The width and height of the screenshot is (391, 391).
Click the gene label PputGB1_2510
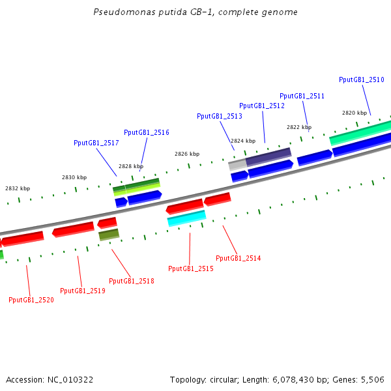click(362, 80)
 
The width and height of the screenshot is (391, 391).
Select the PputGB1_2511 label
click(302, 96)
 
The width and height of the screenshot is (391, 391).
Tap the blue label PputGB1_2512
click(262, 106)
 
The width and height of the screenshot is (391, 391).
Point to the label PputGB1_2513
click(220, 116)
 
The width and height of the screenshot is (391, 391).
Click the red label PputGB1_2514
click(239, 258)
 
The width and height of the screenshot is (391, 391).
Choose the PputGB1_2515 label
click(191, 268)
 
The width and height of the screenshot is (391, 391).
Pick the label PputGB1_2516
click(147, 132)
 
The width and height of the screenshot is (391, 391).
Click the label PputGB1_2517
click(96, 143)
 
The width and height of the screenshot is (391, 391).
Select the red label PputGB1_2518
click(132, 281)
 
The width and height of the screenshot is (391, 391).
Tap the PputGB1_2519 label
click(83, 291)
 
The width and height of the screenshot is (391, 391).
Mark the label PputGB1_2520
click(31, 300)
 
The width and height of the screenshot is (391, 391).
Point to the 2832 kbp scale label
click(18, 188)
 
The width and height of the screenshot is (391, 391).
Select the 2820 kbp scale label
click(355, 113)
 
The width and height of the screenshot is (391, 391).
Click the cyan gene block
click(186, 218)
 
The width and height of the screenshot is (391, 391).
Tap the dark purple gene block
click(268, 156)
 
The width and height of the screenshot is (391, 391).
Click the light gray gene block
click(237, 165)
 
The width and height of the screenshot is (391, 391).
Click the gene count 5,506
click(372, 379)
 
